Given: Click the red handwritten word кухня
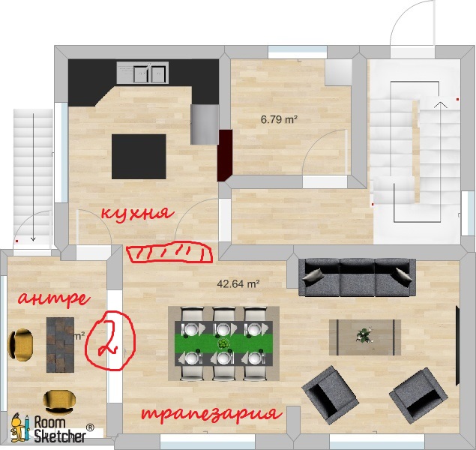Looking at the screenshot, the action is click(137, 213).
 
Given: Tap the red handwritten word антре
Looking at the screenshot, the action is click(54, 298).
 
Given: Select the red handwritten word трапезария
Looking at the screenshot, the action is click(212, 414).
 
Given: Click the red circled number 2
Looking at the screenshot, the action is click(110, 340).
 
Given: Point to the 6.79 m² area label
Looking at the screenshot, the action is click(279, 119).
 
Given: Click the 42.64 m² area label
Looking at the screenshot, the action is click(238, 284).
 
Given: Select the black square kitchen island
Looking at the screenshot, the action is click(139, 157).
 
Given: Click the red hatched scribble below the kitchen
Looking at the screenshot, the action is click(169, 252).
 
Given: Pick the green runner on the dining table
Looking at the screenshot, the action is click(223, 343).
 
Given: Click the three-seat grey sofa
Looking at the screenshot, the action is click(357, 277).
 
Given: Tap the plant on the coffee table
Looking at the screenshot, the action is click(364, 335).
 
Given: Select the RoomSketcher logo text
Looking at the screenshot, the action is click(60, 429).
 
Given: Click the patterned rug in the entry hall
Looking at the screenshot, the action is click(60, 345).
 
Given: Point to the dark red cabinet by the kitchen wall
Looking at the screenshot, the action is click(225, 155).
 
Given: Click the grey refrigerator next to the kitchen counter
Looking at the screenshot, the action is click(205, 124).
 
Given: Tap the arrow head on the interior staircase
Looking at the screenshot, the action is click(441, 105).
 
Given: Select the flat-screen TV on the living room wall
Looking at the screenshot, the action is click(457, 346).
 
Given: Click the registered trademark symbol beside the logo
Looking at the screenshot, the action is click(90, 427).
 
